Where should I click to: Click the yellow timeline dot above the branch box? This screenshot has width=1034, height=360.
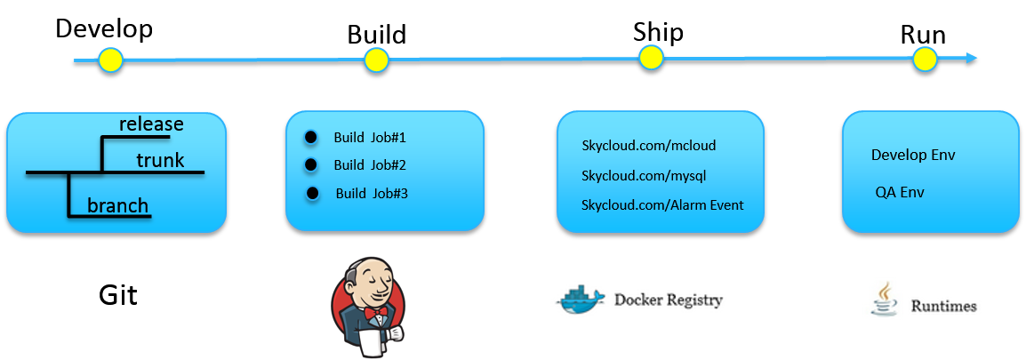[110, 60]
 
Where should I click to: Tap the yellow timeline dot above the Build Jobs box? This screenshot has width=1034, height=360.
[376, 60]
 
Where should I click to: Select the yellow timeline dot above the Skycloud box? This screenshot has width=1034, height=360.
[651, 58]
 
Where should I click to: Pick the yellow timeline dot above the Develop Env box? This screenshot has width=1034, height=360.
[926, 60]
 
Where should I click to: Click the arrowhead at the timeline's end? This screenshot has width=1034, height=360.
[972, 58]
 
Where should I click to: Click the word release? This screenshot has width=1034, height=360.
[151, 124]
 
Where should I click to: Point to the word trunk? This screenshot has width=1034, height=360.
[160, 160]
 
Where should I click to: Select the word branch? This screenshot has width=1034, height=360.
[117, 206]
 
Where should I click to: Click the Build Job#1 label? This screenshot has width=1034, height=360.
[370, 138]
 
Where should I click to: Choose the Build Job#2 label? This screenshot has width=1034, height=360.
[370, 165]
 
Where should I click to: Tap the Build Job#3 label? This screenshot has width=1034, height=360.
[372, 193]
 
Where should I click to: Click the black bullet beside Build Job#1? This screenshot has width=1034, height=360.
[310, 137]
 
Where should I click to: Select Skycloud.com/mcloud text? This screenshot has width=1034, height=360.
[648, 146]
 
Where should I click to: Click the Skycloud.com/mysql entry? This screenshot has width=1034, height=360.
[644, 176]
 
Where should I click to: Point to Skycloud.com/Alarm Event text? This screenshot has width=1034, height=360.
[662, 205]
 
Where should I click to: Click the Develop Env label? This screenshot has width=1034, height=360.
[913, 155]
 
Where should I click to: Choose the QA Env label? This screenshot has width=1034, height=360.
[900, 192]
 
